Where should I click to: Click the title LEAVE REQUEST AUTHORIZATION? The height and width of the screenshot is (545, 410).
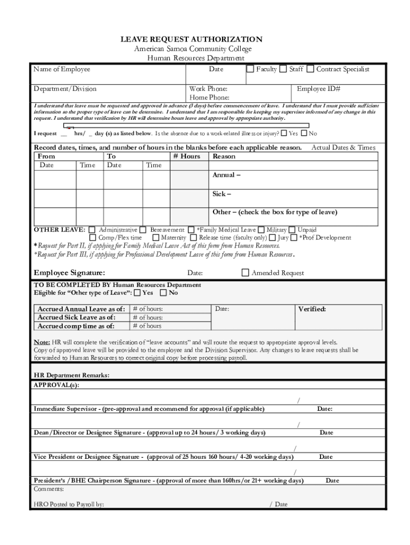(198, 39)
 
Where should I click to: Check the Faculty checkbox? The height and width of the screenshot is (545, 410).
(250, 69)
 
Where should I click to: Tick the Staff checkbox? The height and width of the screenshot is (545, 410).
(283, 69)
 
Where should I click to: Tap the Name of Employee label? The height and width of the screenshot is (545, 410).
(62, 69)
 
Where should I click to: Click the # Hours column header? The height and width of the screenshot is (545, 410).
(187, 156)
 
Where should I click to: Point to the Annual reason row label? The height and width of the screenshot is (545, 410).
(226, 175)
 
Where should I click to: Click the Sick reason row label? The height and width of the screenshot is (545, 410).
(222, 194)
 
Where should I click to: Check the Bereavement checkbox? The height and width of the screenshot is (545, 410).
(144, 230)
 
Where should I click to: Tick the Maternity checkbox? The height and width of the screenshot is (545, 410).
(155, 237)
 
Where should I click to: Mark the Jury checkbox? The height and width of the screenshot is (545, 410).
(272, 237)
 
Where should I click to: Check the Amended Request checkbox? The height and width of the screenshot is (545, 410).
(245, 273)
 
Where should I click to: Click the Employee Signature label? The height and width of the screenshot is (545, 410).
(69, 273)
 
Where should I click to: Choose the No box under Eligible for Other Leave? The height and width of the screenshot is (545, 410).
(163, 293)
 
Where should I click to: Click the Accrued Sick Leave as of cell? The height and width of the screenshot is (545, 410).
(75, 317)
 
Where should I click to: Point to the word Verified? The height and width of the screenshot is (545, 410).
(312, 309)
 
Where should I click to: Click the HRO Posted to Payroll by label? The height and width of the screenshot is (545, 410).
(69, 504)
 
